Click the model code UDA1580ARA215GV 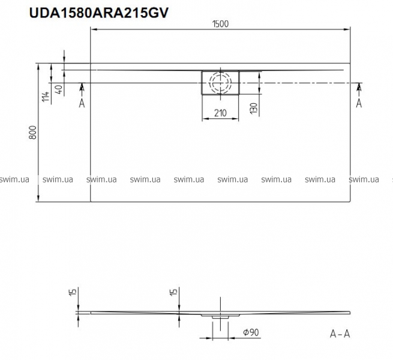point(99,13)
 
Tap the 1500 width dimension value point(221,24)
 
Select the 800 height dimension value point(33,133)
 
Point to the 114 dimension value point(46,97)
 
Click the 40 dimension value point(59,89)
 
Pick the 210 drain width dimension point(221,113)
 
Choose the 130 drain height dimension point(254,109)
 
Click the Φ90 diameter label point(251,332)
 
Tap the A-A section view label point(340,334)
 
